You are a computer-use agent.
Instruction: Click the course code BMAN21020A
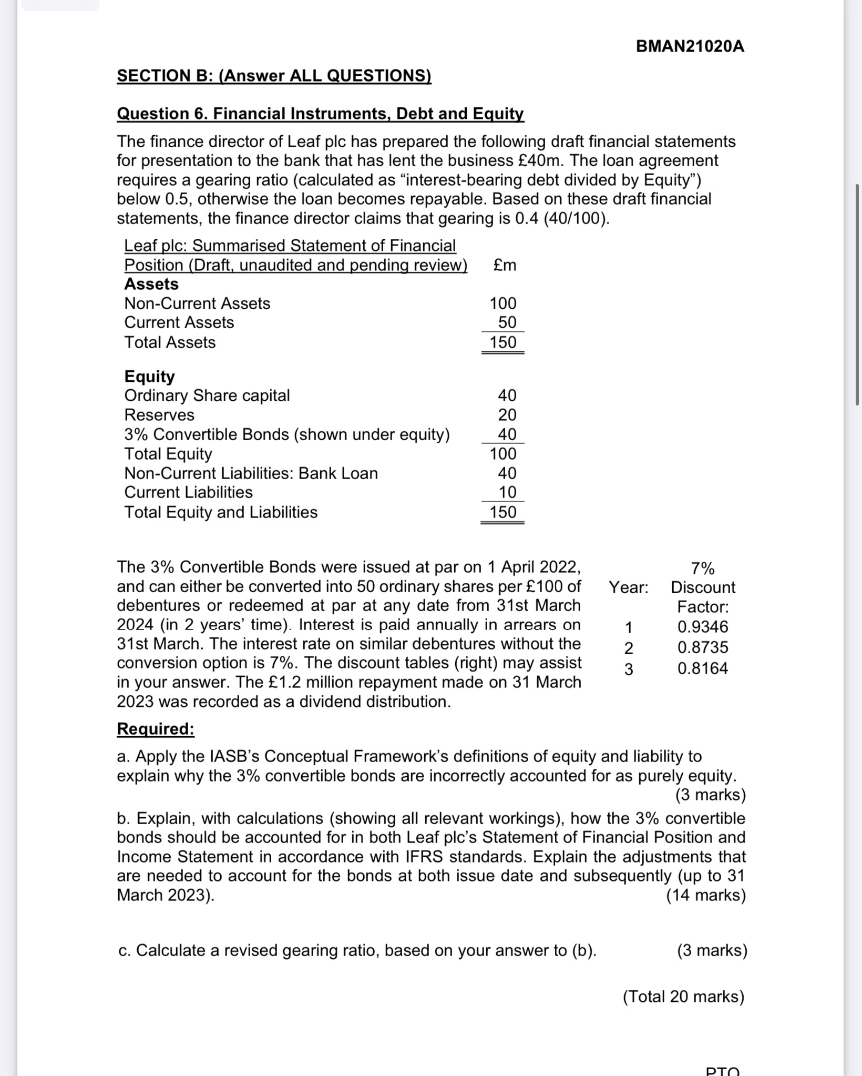(x=690, y=47)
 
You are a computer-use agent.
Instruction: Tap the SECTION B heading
(x=274, y=76)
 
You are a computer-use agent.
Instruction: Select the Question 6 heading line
(x=320, y=114)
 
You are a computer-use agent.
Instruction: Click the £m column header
(x=505, y=265)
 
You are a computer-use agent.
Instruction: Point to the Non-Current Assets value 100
(x=503, y=303)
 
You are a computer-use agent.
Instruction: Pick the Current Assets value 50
(x=507, y=322)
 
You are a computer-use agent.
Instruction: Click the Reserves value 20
(x=507, y=415)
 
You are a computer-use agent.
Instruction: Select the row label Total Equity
(x=168, y=454)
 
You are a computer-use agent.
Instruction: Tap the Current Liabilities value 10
(x=507, y=492)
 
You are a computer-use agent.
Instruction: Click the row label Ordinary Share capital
(x=207, y=395)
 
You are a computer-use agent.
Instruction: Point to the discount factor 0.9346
(x=703, y=627)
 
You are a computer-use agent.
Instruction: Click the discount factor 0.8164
(x=703, y=668)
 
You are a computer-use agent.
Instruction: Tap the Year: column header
(x=629, y=587)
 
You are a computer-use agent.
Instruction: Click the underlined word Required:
(x=156, y=729)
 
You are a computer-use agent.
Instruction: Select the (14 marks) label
(x=706, y=895)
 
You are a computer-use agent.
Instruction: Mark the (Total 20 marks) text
(x=683, y=997)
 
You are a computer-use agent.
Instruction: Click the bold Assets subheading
(x=151, y=284)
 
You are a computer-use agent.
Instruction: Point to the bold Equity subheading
(x=149, y=377)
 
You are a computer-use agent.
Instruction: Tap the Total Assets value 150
(x=503, y=342)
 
